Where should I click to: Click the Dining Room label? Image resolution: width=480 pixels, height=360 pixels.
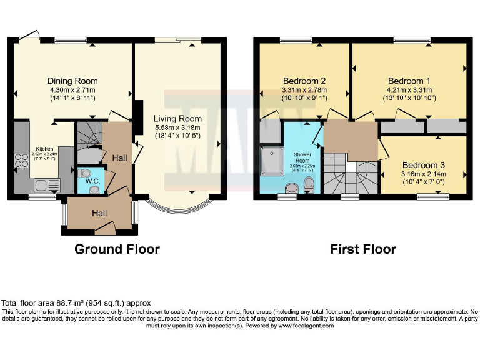click(72, 81)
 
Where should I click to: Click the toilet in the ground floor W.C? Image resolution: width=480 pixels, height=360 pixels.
click(86, 173)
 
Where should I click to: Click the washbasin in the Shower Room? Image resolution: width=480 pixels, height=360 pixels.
click(291, 188)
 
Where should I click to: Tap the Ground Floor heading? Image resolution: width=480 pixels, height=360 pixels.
click(117, 249)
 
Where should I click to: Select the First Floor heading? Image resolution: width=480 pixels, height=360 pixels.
click(363, 249)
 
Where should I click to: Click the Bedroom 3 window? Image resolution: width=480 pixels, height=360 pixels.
click(432, 197)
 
